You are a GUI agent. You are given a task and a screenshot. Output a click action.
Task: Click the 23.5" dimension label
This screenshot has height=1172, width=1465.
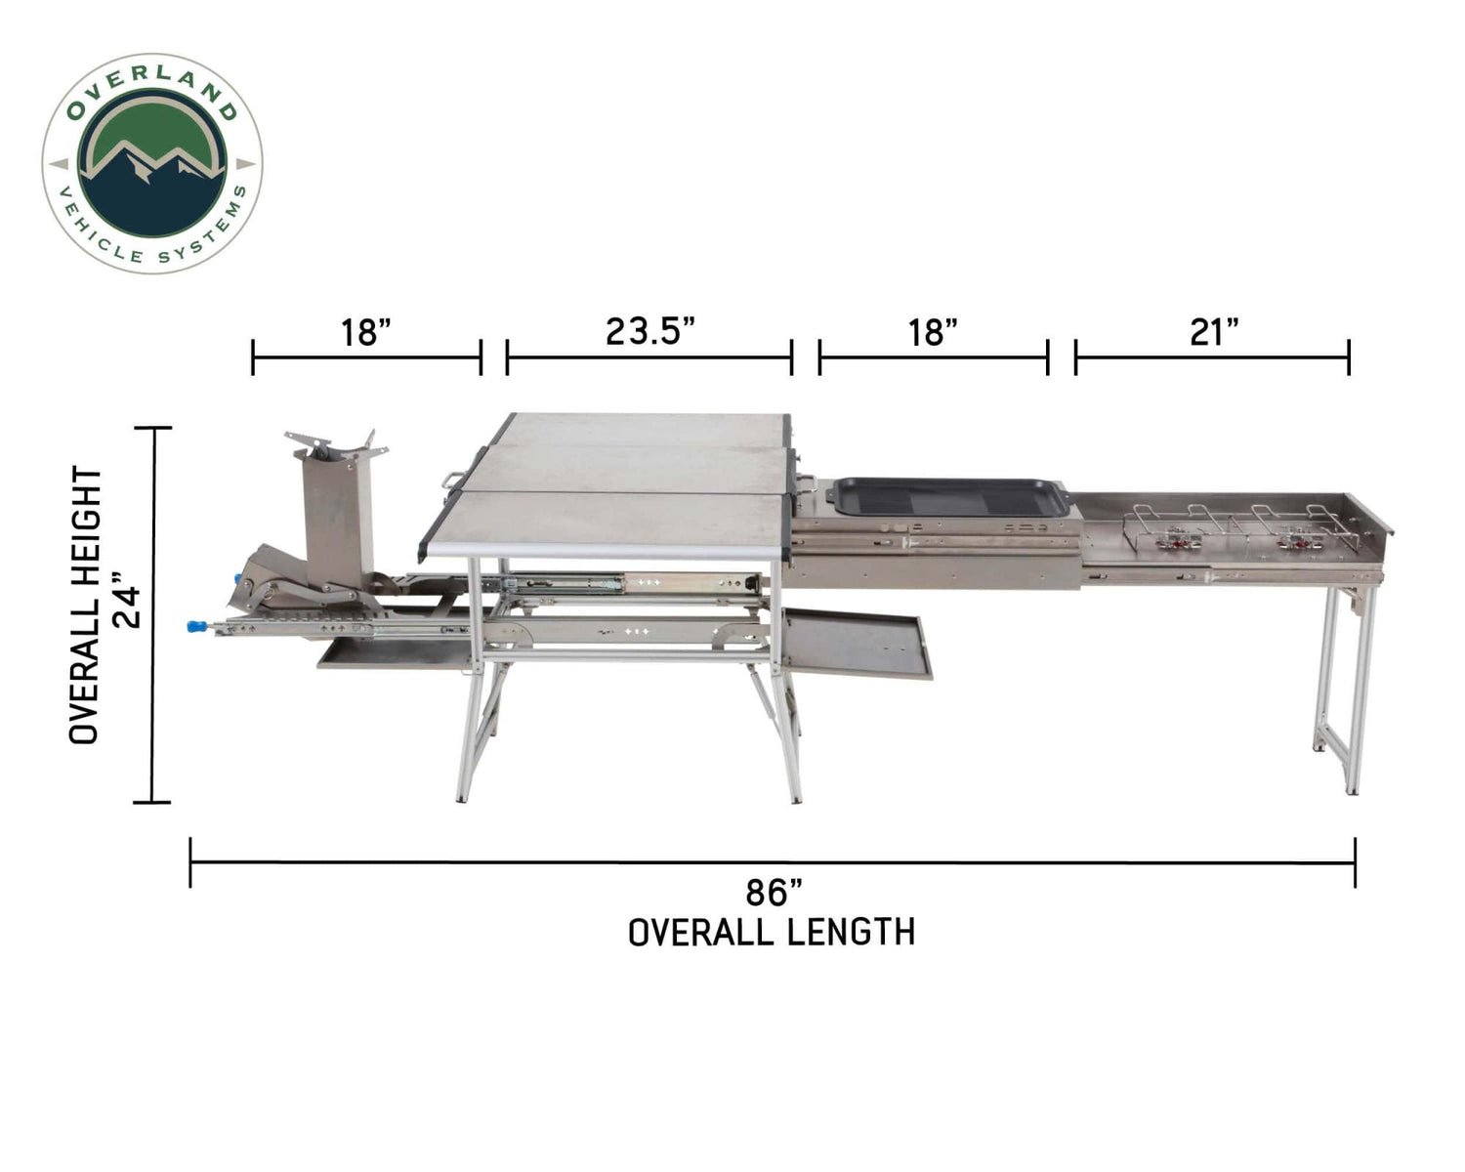pyautogui.click(x=649, y=332)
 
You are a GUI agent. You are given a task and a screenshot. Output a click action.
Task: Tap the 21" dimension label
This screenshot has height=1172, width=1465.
pyautogui.click(x=1213, y=333)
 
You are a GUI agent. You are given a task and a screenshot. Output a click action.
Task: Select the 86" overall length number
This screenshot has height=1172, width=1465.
pyautogui.click(x=773, y=893)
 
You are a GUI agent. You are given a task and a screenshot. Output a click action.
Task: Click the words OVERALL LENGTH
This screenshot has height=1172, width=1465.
pyautogui.click(x=772, y=933)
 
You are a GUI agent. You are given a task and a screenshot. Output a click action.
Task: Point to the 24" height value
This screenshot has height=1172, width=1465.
pyautogui.click(x=132, y=606)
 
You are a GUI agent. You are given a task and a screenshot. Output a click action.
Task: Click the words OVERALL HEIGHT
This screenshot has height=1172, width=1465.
pyautogui.click(x=86, y=606)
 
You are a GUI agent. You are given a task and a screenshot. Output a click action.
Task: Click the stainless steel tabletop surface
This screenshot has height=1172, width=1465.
pyautogui.click(x=635, y=479)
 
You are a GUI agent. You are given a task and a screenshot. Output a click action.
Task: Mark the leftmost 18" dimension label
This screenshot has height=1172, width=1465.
pyautogui.click(x=366, y=333)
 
